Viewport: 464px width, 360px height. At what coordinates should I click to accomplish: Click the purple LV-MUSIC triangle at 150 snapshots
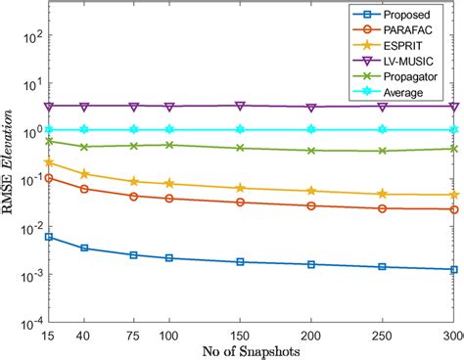pyautogui.click(x=241, y=106)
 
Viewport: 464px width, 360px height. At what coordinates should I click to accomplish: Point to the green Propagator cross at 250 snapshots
pyautogui.click(x=383, y=151)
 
